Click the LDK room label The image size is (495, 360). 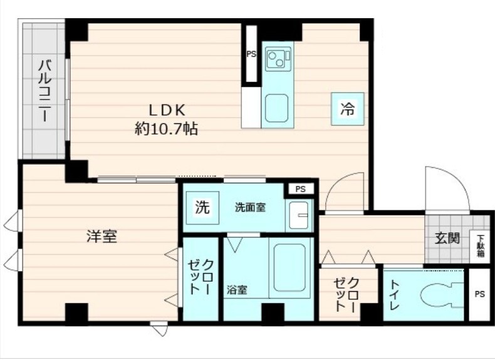tap(167, 110)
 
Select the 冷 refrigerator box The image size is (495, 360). tap(346, 109)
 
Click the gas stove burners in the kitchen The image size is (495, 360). tap(276, 59)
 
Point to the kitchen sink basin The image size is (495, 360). tap(276, 108)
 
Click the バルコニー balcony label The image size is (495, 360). tap(44, 92)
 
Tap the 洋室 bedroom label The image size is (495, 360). tap(102, 237)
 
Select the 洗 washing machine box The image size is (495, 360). tap(202, 207)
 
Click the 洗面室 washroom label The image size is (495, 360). tap(250, 207)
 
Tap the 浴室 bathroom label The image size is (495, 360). tap(237, 290)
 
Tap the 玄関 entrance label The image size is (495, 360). tap(447, 238)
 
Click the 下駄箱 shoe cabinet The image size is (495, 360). tap(480, 245)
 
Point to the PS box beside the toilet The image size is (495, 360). tap(479, 294)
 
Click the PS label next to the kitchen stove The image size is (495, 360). tap(251, 54)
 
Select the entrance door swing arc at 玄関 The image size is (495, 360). tap(446, 188)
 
